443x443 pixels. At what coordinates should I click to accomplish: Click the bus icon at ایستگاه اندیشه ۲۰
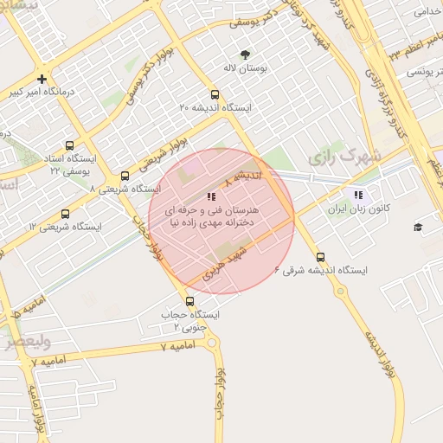215,94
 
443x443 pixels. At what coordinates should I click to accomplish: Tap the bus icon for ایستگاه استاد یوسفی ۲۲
69,146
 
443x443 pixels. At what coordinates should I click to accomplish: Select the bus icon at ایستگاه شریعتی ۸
125,176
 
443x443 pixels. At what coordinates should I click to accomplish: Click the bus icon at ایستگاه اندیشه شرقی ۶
321,257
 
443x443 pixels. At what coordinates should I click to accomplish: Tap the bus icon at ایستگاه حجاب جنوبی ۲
189,302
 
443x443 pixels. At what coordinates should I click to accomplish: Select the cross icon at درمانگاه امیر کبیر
42,80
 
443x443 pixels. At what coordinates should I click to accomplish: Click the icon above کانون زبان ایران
358,196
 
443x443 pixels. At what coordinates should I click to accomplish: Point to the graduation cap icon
418,227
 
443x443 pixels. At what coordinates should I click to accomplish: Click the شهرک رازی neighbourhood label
338,157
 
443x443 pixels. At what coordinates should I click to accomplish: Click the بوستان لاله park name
244,67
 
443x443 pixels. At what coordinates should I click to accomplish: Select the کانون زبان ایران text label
358,209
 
